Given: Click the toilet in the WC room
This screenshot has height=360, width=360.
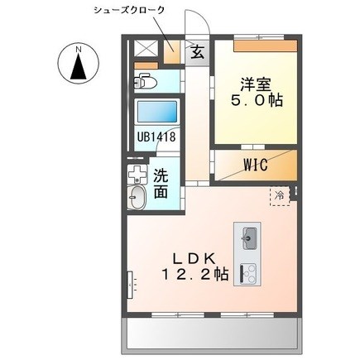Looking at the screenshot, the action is (x=145, y=80).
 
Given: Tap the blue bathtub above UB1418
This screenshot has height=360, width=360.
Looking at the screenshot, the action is (x=157, y=112).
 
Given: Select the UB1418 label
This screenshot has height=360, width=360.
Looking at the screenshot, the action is (x=156, y=137).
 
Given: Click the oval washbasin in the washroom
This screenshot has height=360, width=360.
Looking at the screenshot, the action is (x=137, y=198).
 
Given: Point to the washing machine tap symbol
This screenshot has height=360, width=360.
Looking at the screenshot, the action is (x=137, y=174).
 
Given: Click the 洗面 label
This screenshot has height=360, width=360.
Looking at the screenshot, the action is (x=161, y=184).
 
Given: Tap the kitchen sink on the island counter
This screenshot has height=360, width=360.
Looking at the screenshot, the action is (x=249, y=238).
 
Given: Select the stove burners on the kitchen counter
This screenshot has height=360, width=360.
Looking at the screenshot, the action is (x=248, y=274).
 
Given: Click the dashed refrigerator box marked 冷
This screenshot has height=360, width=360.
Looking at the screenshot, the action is (x=280, y=196).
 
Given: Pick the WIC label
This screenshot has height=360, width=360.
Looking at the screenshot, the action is (x=256, y=165).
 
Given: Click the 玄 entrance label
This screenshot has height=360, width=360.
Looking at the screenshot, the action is (x=198, y=52).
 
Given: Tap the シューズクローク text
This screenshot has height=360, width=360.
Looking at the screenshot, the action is (x=129, y=11).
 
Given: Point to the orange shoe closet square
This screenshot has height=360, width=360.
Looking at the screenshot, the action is (x=171, y=51).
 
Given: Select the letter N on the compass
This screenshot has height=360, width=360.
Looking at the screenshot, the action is (x=79, y=50).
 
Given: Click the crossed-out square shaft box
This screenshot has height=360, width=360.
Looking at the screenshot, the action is (x=146, y=48).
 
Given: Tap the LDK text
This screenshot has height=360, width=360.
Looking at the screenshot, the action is (x=194, y=258).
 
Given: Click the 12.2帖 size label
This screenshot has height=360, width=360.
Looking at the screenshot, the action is (x=194, y=275).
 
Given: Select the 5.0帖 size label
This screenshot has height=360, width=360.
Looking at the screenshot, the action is (x=257, y=100).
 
